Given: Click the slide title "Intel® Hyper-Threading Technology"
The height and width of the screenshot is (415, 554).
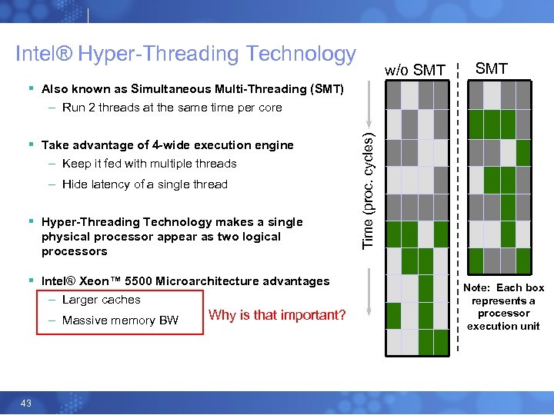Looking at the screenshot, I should pyautogui.click(x=185, y=54).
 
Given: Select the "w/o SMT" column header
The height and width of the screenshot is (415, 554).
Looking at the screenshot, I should pyautogui.click(x=415, y=71).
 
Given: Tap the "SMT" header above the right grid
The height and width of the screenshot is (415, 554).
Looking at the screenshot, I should pyautogui.click(x=492, y=69).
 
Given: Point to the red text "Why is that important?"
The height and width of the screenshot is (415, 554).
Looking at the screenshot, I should pyautogui.click(x=277, y=315).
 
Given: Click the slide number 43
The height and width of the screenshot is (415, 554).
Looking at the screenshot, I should pyautogui.click(x=26, y=403).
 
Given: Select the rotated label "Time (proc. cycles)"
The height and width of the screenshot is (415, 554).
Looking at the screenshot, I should pyautogui.click(x=369, y=188).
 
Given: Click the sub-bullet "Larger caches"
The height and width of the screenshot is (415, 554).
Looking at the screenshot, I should pyautogui.click(x=101, y=300).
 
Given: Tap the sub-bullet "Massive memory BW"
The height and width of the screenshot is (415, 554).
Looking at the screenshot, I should pyautogui.click(x=119, y=320).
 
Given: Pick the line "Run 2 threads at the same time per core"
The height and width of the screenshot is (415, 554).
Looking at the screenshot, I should pyautogui.click(x=172, y=108).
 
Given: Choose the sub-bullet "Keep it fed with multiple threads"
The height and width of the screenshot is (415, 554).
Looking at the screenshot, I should pyautogui.click(x=149, y=164).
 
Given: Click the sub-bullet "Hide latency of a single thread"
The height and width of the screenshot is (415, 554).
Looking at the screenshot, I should pyautogui.click(x=145, y=184).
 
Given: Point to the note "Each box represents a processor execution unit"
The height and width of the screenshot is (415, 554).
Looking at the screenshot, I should pyautogui.click(x=503, y=307).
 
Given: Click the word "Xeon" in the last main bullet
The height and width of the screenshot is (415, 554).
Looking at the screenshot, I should pyautogui.click(x=98, y=281).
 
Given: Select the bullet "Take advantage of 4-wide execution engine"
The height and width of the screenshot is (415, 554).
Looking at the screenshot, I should pyautogui.click(x=167, y=145).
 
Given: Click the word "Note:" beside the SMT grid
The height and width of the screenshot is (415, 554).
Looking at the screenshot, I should pyautogui.click(x=478, y=288).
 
